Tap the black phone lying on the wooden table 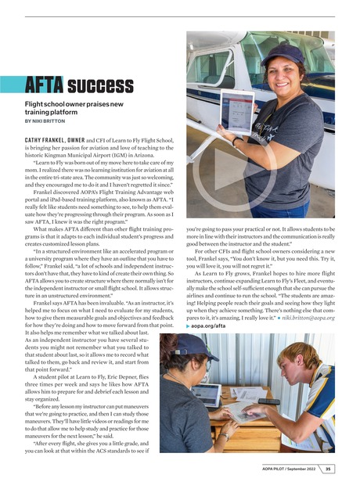point(268,401)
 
